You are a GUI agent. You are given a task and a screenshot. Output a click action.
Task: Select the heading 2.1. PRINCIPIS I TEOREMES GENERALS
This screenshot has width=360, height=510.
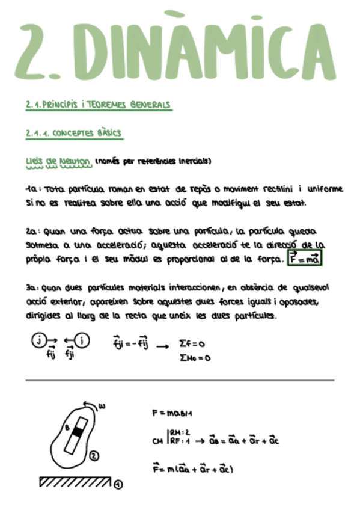point(99,105)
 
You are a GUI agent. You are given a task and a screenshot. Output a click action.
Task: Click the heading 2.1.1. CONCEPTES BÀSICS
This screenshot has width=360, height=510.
point(74,133)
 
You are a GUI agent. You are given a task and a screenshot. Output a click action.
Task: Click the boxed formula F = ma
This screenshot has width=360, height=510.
point(305,259)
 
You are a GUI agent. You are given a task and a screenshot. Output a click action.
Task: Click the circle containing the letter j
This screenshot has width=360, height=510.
point(38,341)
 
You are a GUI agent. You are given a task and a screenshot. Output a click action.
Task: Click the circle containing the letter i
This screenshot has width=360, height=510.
point(82,341)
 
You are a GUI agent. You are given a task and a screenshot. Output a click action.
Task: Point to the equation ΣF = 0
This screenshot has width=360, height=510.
point(193,344)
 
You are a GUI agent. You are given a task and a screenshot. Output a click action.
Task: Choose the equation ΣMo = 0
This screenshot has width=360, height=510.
point(195,358)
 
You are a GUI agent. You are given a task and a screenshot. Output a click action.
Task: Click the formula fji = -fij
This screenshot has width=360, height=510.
point(130,345)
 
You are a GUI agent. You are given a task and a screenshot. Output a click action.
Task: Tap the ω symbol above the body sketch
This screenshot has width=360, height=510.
point(102,406)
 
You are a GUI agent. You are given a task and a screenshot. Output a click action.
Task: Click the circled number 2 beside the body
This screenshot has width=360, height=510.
point(94,456)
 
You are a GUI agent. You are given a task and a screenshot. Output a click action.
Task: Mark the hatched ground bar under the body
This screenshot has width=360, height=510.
point(75,482)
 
